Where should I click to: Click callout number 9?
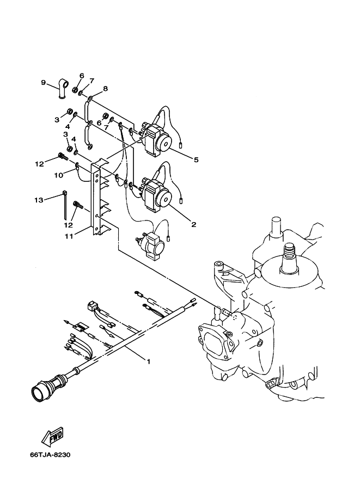click(x=44, y=83)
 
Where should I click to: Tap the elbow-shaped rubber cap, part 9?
click(x=63, y=90)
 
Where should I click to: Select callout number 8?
click(x=105, y=88)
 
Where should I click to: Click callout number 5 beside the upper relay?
click(x=196, y=159)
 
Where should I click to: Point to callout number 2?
click(x=193, y=225)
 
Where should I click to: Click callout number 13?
click(x=39, y=200)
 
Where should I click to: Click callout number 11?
click(x=69, y=236)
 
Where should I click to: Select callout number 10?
click(x=59, y=175)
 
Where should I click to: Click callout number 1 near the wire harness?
click(x=148, y=361)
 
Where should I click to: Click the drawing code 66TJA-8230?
click(x=50, y=455)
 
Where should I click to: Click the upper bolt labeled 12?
click(x=63, y=156)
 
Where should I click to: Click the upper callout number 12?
click(x=39, y=164)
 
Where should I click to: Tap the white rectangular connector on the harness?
click(x=91, y=305)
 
